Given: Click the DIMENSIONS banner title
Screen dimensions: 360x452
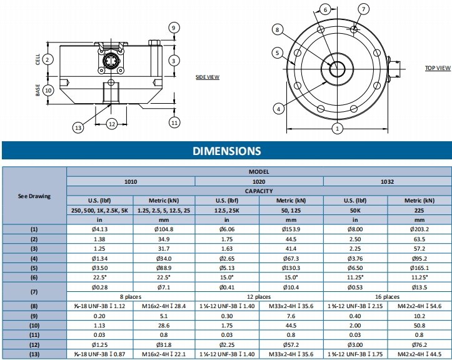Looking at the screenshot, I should [x=226, y=151].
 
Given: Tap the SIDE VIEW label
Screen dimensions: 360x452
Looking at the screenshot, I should [x=208, y=77].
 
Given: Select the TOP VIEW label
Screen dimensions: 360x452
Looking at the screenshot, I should [x=438, y=67].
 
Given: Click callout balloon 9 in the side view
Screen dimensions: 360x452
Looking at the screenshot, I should [x=174, y=27].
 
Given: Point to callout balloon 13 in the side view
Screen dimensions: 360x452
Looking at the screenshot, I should [x=78, y=127].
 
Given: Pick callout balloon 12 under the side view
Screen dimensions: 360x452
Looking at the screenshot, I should [x=112, y=124].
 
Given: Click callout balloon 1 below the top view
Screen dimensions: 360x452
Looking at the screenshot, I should [x=338, y=128].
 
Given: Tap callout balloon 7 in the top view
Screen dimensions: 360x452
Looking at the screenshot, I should [x=364, y=9].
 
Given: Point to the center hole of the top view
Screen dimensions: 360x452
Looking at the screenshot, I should [x=338, y=67].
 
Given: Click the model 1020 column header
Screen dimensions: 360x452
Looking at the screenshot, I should [x=259, y=181].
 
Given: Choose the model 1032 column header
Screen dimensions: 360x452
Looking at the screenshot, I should [x=387, y=181].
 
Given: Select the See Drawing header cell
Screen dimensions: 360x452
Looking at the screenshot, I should [x=34, y=196].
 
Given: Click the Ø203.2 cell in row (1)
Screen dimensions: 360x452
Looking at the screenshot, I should [x=419, y=229].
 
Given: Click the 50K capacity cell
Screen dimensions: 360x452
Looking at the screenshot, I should [x=355, y=211].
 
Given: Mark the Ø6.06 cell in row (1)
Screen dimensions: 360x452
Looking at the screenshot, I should [x=227, y=229].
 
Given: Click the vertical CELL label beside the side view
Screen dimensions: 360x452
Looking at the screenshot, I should [x=38, y=59].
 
